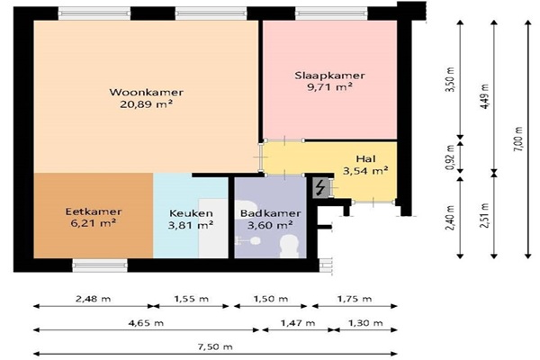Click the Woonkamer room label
(147, 93)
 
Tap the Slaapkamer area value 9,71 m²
(330, 86)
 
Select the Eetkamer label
(94, 211)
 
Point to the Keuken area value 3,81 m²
(191, 225)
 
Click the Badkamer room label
(271, 213)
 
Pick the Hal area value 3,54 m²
(365, 170)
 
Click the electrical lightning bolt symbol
(320, 188)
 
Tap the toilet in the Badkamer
(289, 247)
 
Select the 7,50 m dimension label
(215, 346)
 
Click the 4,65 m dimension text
(146, 323)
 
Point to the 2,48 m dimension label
(94, 299)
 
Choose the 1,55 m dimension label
(192, 299)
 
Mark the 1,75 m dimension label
(355, 299)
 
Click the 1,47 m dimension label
(298, 323)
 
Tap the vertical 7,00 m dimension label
(519, 139)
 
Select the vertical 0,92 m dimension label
(451, 157)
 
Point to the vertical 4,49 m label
(485, 97)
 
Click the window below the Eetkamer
(100, 265)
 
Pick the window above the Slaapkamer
(331, 13)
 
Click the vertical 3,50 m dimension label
(451, 79)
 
